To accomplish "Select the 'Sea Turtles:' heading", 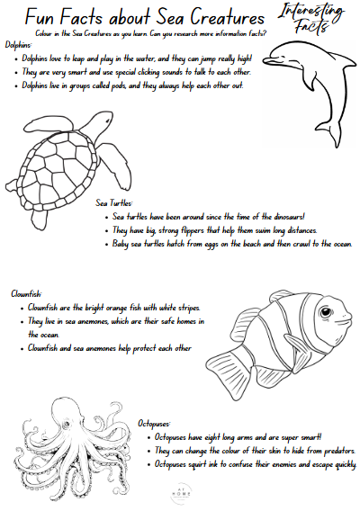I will pos(114,203).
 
